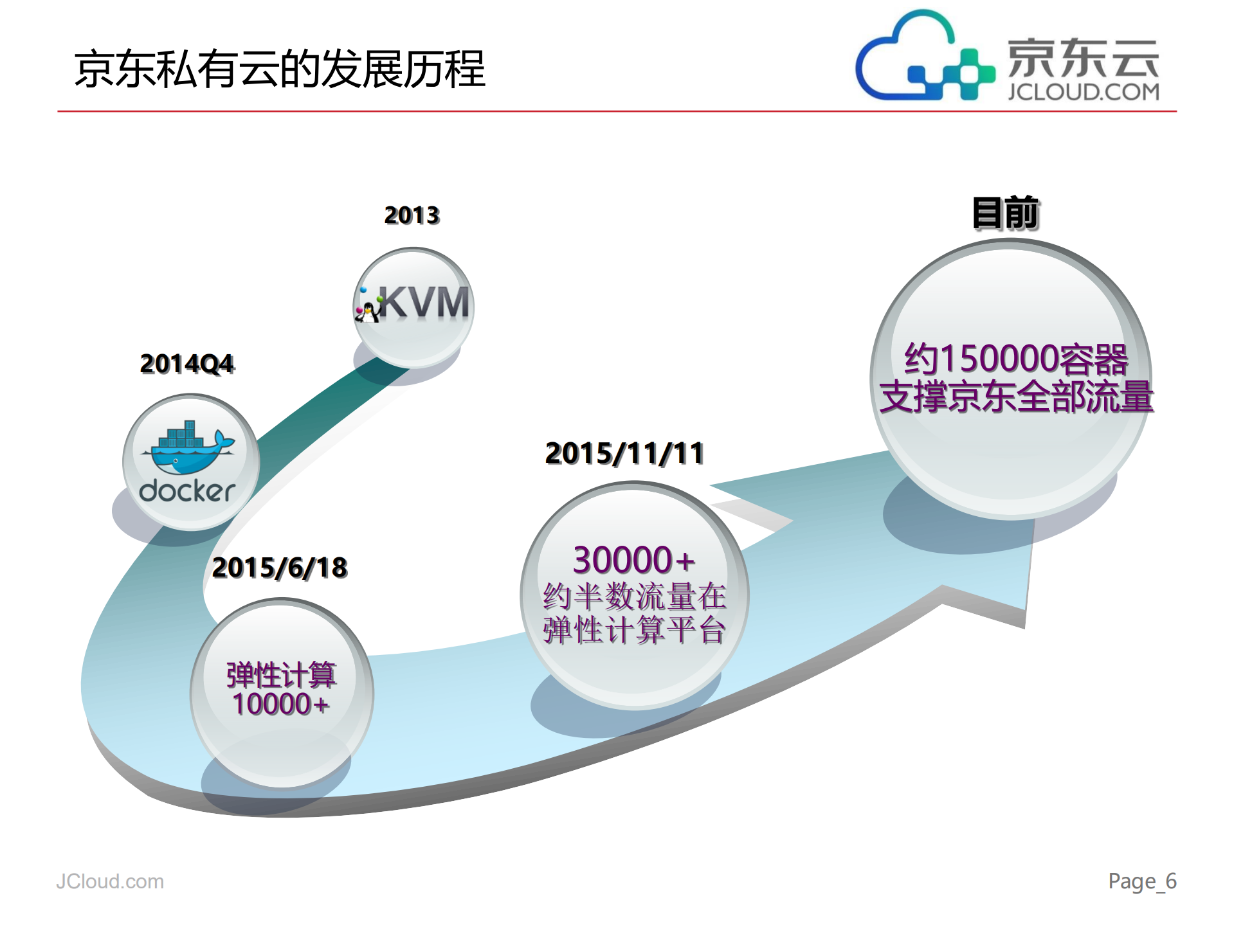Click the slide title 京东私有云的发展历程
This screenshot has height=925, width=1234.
(x=279, y=69)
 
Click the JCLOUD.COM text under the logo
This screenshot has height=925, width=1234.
(x=1084, y=92)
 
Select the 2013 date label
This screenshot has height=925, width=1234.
(x=412, y=215)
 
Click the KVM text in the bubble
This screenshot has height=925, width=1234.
(x=425, y=302)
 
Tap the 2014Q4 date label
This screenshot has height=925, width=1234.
(x=187, y=364)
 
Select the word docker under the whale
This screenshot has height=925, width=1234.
(x=187, y=491)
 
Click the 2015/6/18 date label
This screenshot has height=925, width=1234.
(x=280, y=568)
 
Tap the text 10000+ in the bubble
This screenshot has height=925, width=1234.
(x=281, y=705)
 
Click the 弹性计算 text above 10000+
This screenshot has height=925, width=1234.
(x=281, y=674)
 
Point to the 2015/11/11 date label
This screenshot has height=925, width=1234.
(x=624, y=453)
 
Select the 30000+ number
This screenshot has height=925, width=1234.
(x=633, y=560)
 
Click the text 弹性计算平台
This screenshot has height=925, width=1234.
(x=634, y=630)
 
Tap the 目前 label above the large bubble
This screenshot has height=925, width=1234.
(x=1005, y=213)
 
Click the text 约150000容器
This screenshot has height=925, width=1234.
(x=1016, y=359)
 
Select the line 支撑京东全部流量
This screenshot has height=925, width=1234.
(x=1016, y=397)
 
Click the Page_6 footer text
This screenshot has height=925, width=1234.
(x=1142, y=881)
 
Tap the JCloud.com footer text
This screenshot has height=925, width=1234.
(x=110, y=881)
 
